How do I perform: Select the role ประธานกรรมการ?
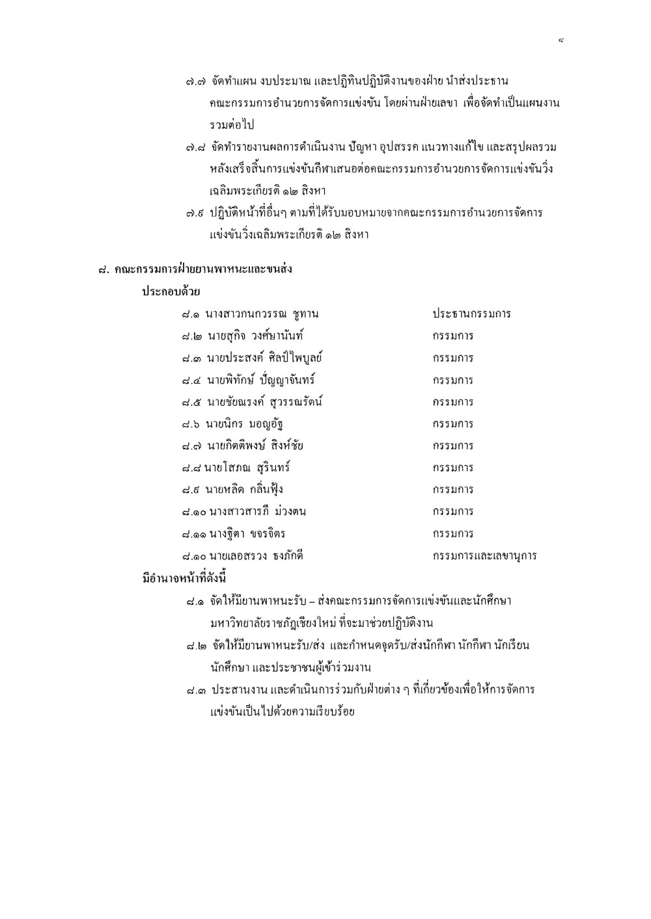(x=471, y=314)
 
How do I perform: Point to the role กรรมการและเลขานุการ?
(x=484, y=556)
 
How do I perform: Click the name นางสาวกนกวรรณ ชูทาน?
(x=262, y=314)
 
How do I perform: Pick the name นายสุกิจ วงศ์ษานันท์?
(x=255, y=336)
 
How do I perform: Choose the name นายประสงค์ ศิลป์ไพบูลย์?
(x=265, y=358)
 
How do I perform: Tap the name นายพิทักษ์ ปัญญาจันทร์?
(x=261, y=380)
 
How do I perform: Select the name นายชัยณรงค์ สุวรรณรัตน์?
(x=265, y=402)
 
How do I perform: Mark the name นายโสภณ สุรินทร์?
(x=247, y=468)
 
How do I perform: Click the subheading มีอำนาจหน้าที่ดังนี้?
(x=184, y=578)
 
